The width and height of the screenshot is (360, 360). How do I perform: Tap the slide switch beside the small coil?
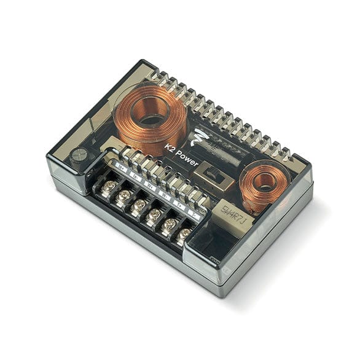[x=216, y=176]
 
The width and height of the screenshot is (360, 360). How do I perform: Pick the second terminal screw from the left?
[x=123, y=195]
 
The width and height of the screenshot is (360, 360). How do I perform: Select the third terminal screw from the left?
[x=138, y=205]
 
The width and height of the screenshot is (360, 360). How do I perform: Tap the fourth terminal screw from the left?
[x=154, y=214]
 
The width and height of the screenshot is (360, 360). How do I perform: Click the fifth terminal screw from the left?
[x=168, y=224]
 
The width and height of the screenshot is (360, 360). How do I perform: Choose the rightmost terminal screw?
[x=184, y=234]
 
